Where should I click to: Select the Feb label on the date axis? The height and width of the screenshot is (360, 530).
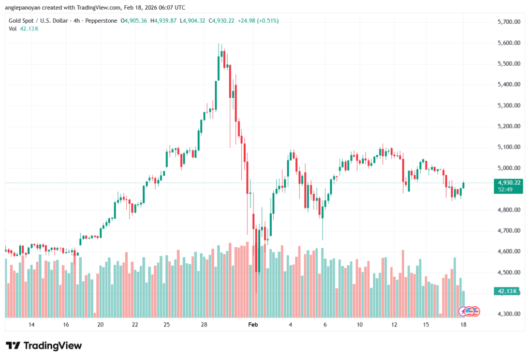(x=253, y=324)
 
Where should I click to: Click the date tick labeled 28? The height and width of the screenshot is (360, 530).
(x=204, y=324)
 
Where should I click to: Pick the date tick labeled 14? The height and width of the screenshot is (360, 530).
(x=32, y=324)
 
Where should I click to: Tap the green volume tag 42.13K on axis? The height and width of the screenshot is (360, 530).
(x=507, y=292)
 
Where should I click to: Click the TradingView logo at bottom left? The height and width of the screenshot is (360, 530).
(x=44, y=346)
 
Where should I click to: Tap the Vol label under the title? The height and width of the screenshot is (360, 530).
(x=12, y=29)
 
